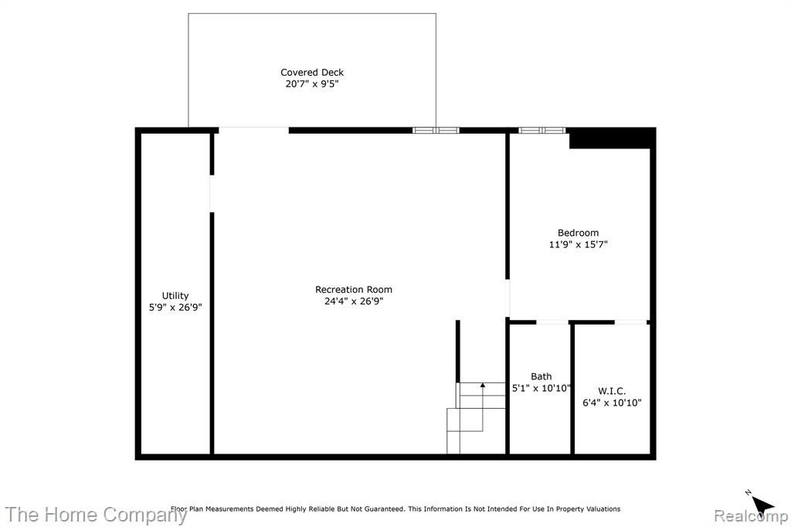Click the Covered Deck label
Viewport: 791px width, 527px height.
point(312,72)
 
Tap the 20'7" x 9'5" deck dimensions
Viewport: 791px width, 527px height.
point(312,83)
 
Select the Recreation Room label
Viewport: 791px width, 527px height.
point(354,289)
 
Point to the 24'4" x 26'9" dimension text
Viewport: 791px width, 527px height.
point(354,301)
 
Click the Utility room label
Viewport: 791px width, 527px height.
point(175,296)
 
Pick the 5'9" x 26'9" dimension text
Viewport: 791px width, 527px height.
point(175,308)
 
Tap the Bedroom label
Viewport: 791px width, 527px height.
point(578,233)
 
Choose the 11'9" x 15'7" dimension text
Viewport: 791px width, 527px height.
point(578,244)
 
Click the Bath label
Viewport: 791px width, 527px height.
point(541,376)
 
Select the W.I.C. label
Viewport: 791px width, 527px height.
point(612,391)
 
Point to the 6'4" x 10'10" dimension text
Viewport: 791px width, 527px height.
point(612,403)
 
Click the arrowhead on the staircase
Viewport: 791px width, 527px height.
point(482,385)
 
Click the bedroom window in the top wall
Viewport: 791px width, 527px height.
point(541,131)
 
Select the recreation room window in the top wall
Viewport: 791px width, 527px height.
point(436,131)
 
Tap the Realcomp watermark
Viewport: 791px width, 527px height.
point(751,516)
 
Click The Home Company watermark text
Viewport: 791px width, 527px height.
point(96,515)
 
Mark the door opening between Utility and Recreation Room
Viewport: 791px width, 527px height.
point(212,194)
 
